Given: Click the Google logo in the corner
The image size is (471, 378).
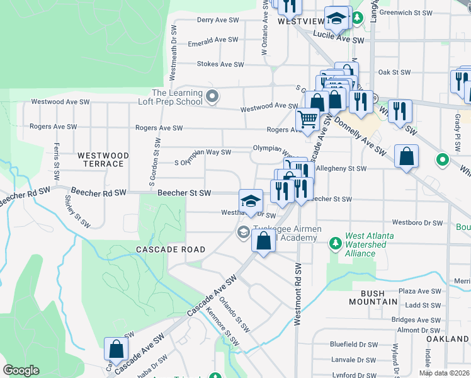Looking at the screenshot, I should point(21,370).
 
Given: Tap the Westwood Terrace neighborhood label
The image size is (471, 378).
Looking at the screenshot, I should point(103,159).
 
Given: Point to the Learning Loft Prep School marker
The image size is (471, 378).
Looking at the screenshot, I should point(213,96).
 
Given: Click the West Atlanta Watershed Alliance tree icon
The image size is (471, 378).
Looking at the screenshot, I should point(335,242).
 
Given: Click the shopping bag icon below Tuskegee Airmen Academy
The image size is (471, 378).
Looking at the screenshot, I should point(263,240).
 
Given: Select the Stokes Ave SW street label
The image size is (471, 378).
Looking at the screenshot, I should point(220,64).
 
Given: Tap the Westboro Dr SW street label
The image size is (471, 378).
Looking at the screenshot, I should point(418,222).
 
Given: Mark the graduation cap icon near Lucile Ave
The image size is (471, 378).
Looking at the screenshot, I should point(337,18).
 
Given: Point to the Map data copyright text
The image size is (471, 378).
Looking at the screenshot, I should point(444,372).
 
